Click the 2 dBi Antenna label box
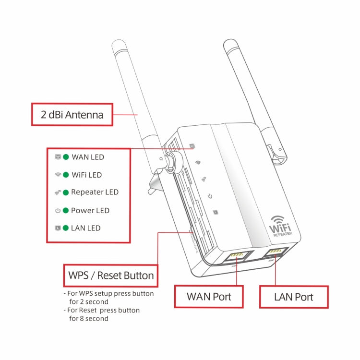click(72, 114)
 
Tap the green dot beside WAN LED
click(66, 157)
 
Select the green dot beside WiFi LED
click(66, 175)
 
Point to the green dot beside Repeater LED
click(66, 192)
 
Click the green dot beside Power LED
click(66, 210)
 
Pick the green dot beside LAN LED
click(66, 228)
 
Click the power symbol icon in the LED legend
click(58, 210)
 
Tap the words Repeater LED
click(95, 192)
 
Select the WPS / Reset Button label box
click(111, 276)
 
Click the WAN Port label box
click(209, 297)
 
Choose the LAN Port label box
click(294, 297)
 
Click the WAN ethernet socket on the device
click(237, 256)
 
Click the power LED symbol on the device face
click(210, 195)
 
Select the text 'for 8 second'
click(89, 318)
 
